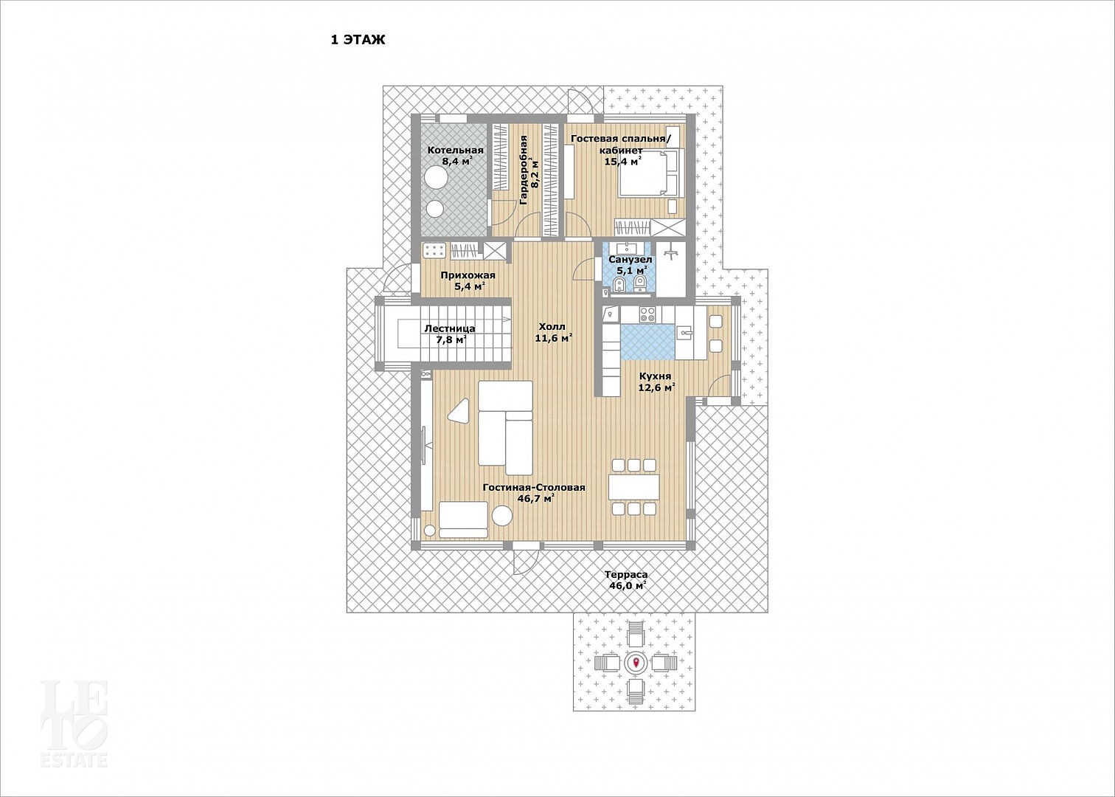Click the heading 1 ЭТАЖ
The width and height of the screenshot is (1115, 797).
358,40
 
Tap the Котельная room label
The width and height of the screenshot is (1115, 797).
456,150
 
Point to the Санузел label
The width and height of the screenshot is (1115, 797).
631,260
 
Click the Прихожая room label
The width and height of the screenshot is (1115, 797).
468,275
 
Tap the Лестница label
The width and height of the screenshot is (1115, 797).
450,328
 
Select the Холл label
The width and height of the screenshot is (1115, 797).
552,327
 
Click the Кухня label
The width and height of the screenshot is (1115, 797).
655,376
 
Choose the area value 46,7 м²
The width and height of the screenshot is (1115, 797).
534,499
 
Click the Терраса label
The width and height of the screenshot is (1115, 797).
626,574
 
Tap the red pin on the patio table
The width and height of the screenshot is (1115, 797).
636,663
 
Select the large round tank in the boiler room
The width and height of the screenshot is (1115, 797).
437,178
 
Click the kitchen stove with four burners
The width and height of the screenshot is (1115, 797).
647,314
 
